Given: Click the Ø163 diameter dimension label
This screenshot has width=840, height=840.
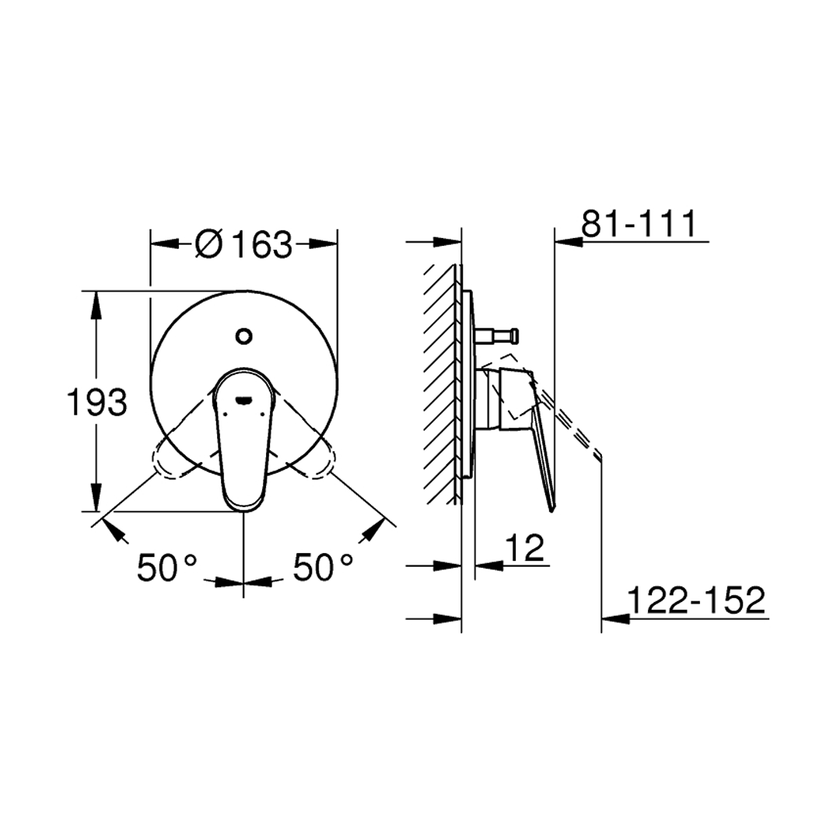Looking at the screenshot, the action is pyautogui.click(x=243, y=245).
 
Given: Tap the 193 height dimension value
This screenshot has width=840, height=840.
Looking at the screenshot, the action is pyautogui.click(x=96, y=402).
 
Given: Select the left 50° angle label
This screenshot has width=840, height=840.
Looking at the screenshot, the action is pyautogui.click(x=167, y=567).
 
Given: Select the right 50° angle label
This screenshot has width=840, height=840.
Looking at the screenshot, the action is pyautogui.click(x=323, y=567).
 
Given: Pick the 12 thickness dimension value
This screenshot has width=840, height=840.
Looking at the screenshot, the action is pyautogui.click(x=524, y=547).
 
